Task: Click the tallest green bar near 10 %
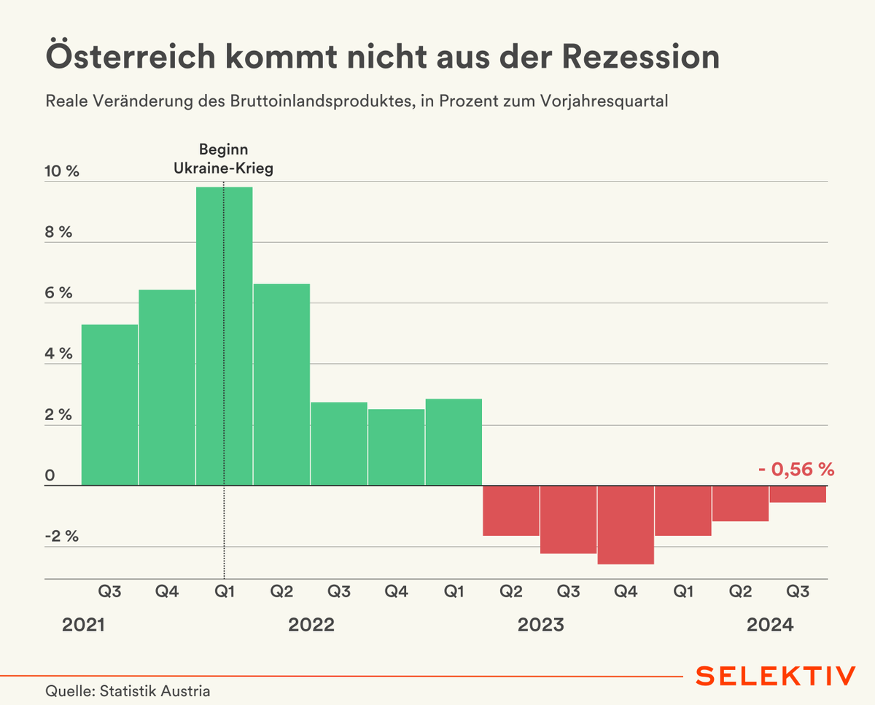coord(224,335)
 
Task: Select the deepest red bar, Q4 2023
coord(626,525)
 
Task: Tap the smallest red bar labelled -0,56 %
coord(798,494)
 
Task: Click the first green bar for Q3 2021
coord(109,405)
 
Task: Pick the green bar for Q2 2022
coord(281,384)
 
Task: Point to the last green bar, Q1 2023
coord(454,442)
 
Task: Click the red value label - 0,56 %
coord(795,470)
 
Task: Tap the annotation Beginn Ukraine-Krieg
coord(223,158)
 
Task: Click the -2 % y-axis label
coord(61,537)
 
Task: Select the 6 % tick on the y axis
coord(59,293)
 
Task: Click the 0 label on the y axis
coord(50,475)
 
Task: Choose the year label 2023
coord(540,625)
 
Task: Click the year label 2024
coord(770,625)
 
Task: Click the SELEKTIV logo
coord(775,675)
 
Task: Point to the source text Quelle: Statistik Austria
coord(128,690)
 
